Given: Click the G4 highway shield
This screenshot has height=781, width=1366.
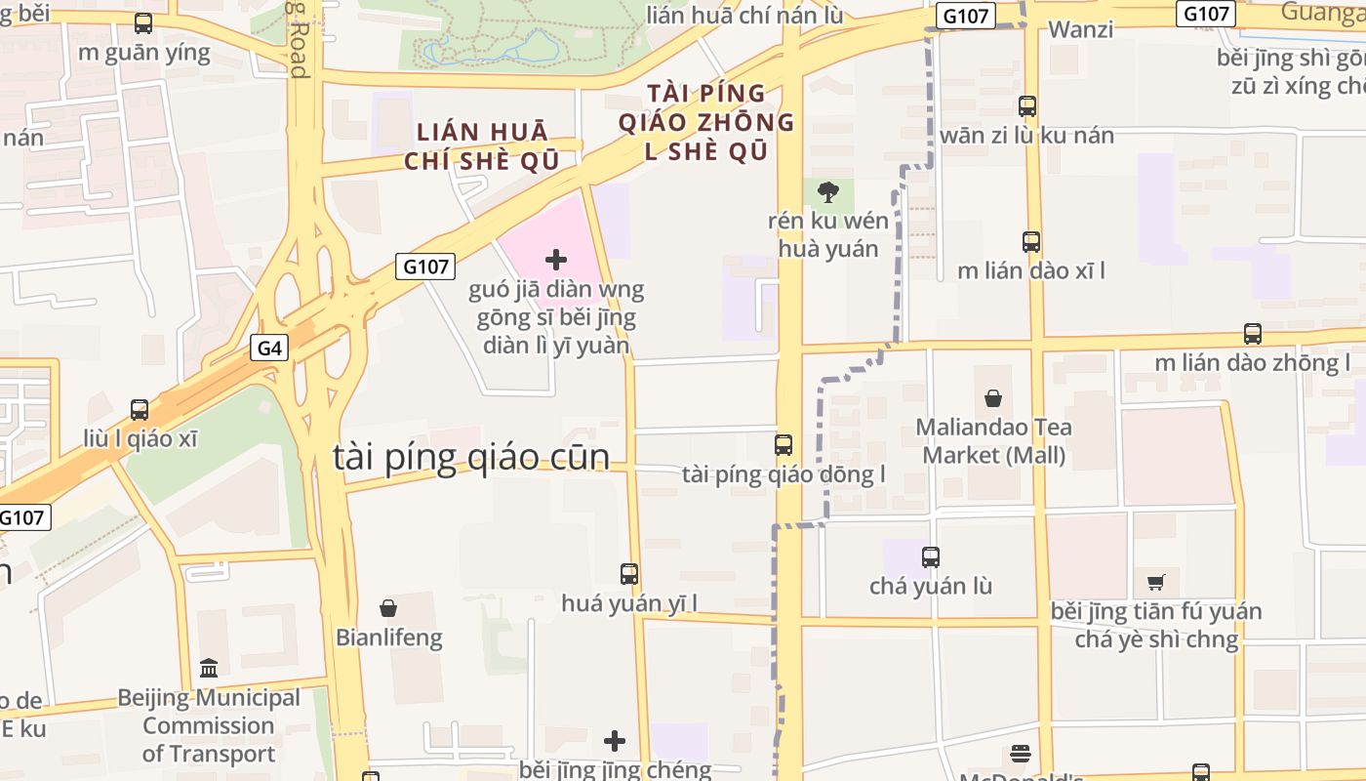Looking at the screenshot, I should click(271, 348).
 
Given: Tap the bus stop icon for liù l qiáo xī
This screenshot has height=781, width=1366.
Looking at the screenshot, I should click(140, 410).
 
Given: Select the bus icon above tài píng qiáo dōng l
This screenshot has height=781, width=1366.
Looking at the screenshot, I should click(783, 445).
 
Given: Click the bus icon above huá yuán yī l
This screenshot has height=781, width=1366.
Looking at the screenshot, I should click(629, 574).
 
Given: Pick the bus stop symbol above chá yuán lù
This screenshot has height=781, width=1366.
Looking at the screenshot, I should click(931, 557).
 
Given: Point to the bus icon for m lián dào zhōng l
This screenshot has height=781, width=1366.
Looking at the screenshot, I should click(1253, 334).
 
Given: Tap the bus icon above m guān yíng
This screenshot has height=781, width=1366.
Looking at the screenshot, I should click(143, 24).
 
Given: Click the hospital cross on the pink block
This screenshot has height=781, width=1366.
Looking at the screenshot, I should click(556, 260).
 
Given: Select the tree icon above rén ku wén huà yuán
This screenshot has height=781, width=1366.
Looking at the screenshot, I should click(828, 191).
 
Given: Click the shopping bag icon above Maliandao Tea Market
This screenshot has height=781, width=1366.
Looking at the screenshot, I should click(993, 398).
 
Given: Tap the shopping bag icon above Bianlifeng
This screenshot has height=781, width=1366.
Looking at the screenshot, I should click(388, 608).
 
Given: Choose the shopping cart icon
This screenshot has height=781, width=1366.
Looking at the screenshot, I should click(1156, 583).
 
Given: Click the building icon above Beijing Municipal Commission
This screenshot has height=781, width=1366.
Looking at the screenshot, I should click(209, 669).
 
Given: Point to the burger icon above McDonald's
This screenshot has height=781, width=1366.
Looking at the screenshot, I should click(1021, 754).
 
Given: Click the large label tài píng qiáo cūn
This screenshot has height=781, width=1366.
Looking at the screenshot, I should click(471, 457).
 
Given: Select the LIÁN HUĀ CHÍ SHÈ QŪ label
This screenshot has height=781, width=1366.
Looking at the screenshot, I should click(483, 146).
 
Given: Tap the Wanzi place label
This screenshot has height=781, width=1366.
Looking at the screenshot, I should click(1080, 29).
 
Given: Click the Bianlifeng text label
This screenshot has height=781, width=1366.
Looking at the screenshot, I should click(389, 638).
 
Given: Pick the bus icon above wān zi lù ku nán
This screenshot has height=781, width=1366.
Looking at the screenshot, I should click(1027, 106).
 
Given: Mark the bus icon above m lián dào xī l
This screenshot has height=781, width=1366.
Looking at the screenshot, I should click(1031, 241).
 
